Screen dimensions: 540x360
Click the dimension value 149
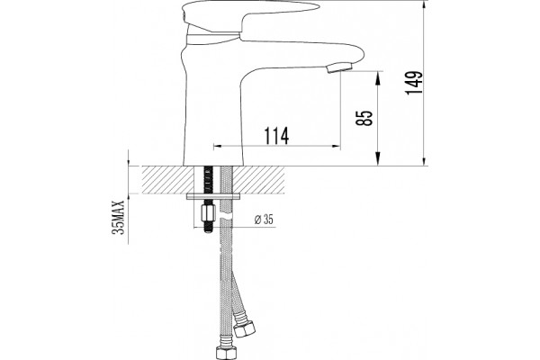pos(413,83)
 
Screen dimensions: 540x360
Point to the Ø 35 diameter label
pos(264,220)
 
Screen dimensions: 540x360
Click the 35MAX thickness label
pos(118,218)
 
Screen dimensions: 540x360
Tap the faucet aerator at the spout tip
pos(339,67)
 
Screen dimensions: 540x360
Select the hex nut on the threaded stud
pos(208,213)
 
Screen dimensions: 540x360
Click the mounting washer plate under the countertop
pos(212,197)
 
